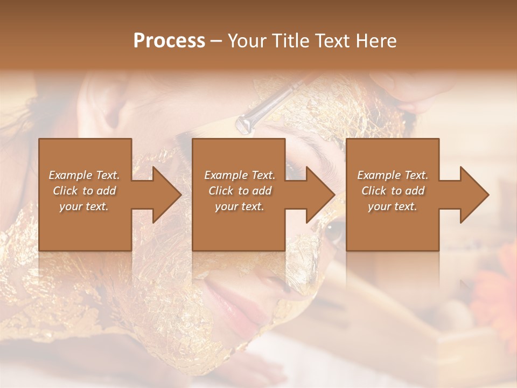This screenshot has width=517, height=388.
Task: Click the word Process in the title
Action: pos(169,41)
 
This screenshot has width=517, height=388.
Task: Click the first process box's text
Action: pos(85,191)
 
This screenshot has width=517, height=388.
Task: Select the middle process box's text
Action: pos(240,191)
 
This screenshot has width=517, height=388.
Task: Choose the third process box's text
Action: pos(393,191)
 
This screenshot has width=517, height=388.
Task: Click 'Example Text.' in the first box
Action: pos(85,175)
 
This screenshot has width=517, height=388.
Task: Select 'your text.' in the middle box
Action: pos(240,206)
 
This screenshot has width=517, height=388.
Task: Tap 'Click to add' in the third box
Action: pos(393,191)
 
